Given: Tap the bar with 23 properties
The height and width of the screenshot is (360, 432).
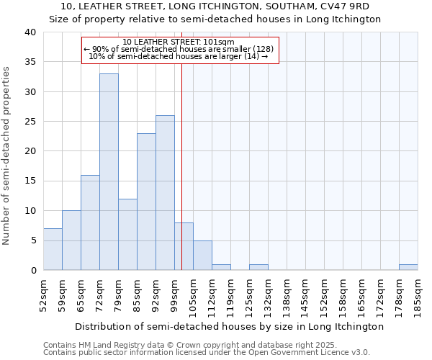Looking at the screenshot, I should click(146, 202).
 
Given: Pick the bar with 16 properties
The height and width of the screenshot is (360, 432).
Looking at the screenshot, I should click(90, 222).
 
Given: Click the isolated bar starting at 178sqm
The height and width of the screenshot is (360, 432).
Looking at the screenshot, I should click(408, 267).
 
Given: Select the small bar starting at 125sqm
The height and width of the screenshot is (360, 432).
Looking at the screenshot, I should click(258, 267).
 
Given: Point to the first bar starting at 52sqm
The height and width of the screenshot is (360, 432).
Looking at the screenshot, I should click(53, 249).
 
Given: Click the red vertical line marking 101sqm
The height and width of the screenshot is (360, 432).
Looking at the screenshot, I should click(181, 144).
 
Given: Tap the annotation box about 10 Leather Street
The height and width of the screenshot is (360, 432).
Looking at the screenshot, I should click(180, 50).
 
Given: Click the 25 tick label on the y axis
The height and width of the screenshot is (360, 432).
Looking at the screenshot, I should click(30, 122).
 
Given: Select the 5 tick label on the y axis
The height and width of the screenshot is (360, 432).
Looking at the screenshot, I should click(33, 240).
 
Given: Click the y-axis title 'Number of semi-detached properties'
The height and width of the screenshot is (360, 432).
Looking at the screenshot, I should click(7, 155).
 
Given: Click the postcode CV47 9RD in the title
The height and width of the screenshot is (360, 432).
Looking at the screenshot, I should click(346, 6).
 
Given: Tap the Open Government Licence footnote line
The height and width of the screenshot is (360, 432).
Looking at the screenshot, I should click(207, 353).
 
